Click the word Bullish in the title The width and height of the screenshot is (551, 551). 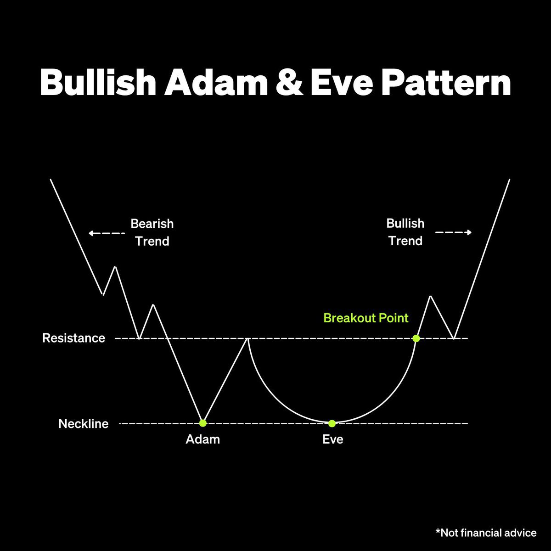97,83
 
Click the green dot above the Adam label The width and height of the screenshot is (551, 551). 203,423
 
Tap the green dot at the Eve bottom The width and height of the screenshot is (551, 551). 332,423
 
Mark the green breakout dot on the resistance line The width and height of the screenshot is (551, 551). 416,338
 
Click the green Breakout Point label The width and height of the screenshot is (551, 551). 366,318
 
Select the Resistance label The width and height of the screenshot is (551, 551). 73,338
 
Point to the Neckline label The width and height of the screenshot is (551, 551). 84,423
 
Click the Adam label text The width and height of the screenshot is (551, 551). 203,439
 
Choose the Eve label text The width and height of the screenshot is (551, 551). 333,439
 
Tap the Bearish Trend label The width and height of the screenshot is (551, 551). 152,232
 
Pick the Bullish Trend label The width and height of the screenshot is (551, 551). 405,232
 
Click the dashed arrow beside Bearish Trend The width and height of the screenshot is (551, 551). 107,233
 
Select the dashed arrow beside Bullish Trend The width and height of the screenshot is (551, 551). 453,232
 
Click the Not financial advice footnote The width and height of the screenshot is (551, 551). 486,533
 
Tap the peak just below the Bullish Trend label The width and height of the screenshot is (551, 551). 430,297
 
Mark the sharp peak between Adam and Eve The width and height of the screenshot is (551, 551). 248,338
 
